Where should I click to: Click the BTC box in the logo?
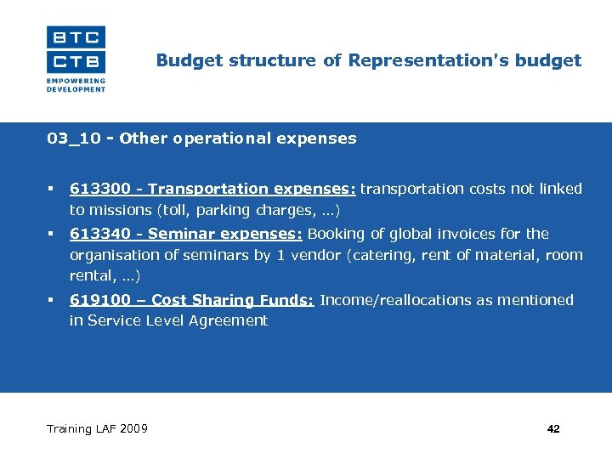click(x=76, y=37)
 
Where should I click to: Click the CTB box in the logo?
click(x=76, y=61)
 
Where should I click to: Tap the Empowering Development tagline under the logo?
click(x=76, y=86)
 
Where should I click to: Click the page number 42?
click(x=553, y=429)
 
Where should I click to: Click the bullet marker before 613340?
click(x=52, y=234)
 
